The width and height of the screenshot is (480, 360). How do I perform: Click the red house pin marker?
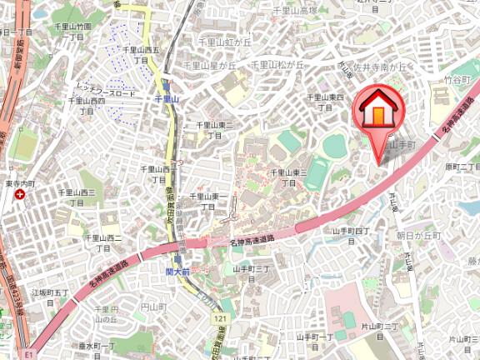378,112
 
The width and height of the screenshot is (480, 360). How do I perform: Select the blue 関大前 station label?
177,272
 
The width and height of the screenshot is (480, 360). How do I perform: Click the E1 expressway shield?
28,354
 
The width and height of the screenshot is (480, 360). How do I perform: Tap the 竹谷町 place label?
457,81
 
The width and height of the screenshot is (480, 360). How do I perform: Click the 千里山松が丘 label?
276,64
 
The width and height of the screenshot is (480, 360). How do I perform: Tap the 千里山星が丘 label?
210,64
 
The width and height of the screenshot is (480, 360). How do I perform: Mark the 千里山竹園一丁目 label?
73,32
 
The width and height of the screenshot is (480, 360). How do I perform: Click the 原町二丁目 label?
462,167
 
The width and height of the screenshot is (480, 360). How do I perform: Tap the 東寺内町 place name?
18,183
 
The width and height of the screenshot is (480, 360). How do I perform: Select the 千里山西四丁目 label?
87,105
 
